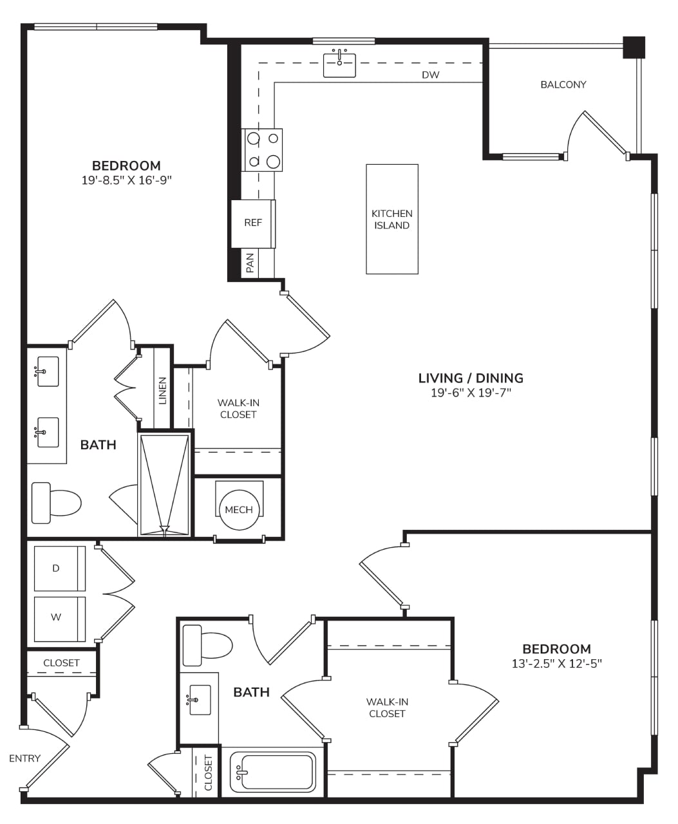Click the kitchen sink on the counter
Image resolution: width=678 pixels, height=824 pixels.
[339, 65]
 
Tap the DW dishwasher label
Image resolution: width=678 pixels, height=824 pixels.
[430, 75]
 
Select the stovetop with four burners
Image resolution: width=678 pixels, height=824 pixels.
[262, 150]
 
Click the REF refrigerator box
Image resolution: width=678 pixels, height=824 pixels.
[253, 223]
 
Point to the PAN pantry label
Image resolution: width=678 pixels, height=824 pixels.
[250, 263]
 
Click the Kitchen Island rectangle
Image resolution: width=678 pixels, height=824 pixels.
[392, 219]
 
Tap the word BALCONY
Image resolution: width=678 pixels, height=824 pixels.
[563, 84]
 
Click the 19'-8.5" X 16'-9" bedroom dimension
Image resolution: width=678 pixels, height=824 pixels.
[127, 180]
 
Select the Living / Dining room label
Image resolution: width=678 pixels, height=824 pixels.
[471, 378]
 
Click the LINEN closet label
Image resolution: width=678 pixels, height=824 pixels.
[162, 390]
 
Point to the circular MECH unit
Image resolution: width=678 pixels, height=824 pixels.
[239, 509]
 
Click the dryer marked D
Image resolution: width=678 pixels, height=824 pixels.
[60, 568]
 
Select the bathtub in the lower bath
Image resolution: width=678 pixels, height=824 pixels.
[272, 772]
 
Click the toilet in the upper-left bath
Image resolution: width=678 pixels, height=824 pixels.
[56, 503]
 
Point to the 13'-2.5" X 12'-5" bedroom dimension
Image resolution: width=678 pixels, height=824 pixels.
[556, 664]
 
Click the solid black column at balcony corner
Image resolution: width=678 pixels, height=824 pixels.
[634, 47]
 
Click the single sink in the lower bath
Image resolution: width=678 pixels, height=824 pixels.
[200, 700]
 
